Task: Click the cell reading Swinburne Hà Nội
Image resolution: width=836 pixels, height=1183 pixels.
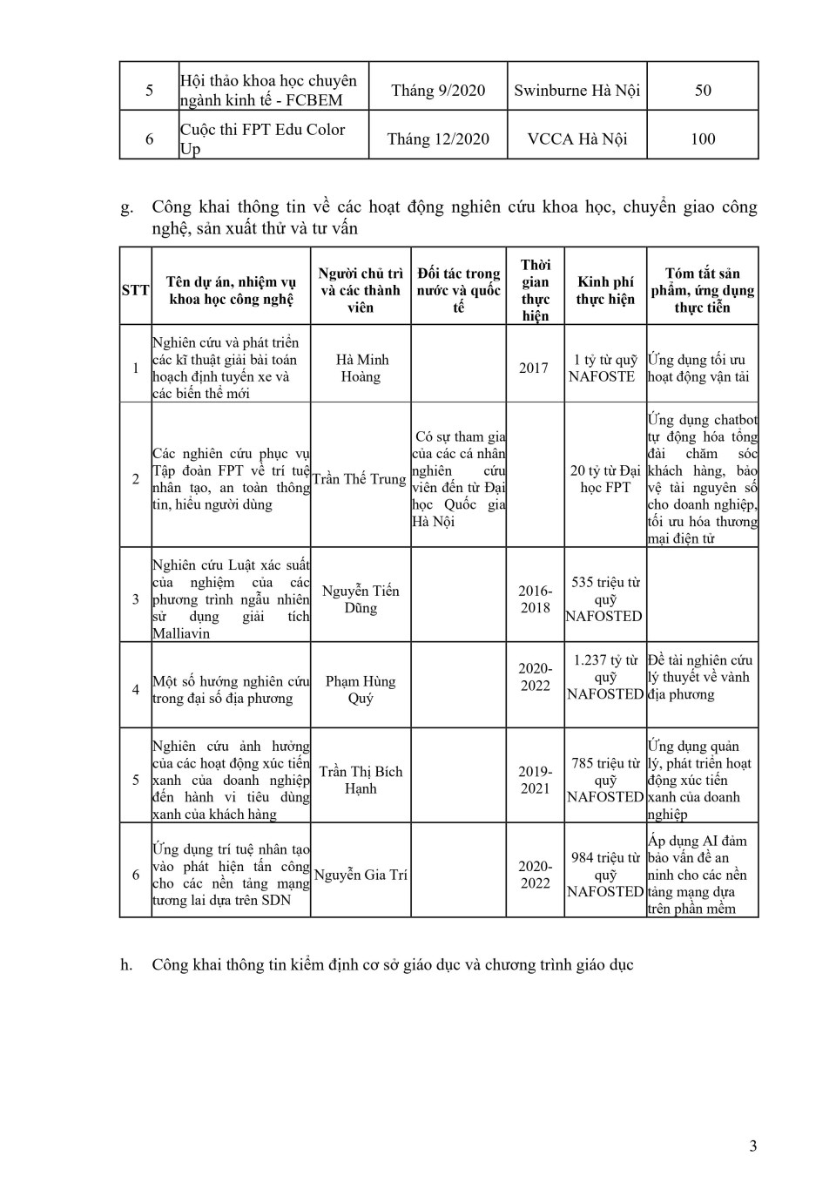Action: [576, 91]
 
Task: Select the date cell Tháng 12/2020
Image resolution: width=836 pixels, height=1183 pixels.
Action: [438, 139]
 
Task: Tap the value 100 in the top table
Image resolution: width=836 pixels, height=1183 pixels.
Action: [702, 139]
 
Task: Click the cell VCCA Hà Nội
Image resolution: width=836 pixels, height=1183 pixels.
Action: [576, 139]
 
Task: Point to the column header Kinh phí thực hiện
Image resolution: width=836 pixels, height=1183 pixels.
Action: [605, 290]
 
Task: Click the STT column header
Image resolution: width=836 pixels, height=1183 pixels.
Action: [135, 290]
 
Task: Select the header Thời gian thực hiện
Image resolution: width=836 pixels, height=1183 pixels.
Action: [535, 290]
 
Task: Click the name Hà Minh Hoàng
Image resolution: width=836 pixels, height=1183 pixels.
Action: [361, 368]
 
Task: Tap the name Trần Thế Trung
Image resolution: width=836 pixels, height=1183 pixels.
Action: [360, 478]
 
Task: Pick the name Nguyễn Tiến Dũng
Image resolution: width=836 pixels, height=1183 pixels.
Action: [361, 598]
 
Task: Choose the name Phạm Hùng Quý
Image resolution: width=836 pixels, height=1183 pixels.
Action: [361, 689]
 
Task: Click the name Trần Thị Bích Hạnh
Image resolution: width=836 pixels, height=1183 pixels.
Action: [361, 780]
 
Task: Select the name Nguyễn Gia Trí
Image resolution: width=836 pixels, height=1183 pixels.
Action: [361, 875]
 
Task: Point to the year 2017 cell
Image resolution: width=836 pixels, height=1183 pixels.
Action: [534, 368]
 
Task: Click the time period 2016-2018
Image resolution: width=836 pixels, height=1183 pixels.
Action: [535, 598]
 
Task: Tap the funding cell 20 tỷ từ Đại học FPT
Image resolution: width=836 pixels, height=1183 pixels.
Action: [605, 478]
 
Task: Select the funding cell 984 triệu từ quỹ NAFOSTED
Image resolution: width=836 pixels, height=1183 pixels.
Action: [605, 875]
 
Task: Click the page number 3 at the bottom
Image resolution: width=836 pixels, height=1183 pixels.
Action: [753, 1146]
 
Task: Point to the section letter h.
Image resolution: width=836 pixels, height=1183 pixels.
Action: [126, 964]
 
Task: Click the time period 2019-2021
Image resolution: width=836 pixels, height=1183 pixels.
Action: [535, 780]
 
